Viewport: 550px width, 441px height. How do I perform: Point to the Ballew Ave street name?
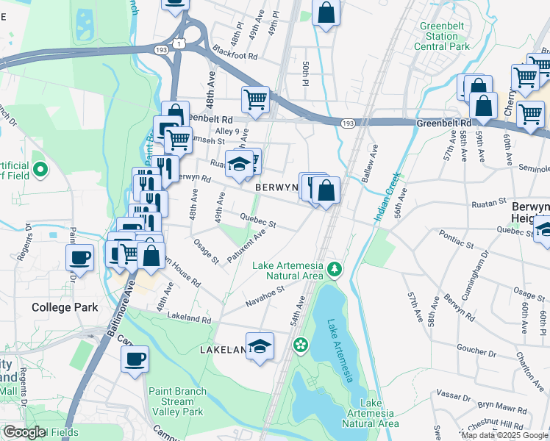coord(369,164)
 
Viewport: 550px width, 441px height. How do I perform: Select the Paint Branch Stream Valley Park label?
coord(176,402)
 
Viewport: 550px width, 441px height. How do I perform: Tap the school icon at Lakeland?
coord(260,345)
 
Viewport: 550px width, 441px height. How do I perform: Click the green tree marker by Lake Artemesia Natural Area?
coord(335,270)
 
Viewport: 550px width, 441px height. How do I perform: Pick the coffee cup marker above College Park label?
coord(79,258)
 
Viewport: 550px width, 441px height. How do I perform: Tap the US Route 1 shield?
coord(179,46)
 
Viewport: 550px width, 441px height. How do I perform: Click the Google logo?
coord(24,431)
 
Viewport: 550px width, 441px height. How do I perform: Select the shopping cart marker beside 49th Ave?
coord(255,99)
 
